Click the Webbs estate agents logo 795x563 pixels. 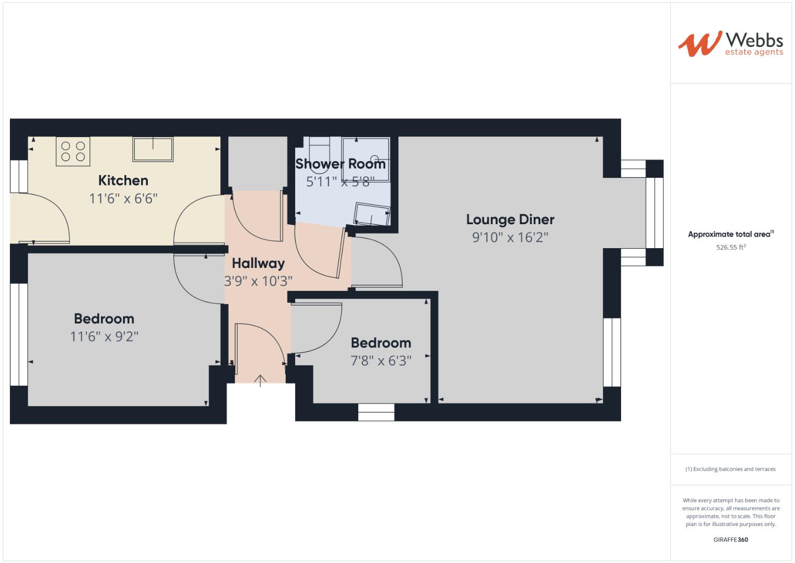730,44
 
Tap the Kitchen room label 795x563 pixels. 123,181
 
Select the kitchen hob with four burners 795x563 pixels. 73,151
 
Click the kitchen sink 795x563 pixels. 153,149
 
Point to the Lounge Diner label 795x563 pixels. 510,219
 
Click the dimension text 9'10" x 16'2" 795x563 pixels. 510,238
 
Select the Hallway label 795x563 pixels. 258,263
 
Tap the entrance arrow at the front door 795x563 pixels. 260,381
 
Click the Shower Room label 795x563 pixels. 340,164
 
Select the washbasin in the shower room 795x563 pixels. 372,214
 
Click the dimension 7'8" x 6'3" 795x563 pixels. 381,361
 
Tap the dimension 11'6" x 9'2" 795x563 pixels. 104,337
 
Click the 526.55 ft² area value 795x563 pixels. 730,248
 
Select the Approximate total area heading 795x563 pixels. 730,235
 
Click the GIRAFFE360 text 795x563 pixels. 730,540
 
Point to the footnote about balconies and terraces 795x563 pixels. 730,469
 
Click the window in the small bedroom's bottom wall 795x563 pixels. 376,412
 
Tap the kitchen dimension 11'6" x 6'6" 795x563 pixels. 123,199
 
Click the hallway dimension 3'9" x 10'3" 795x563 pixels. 258,281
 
